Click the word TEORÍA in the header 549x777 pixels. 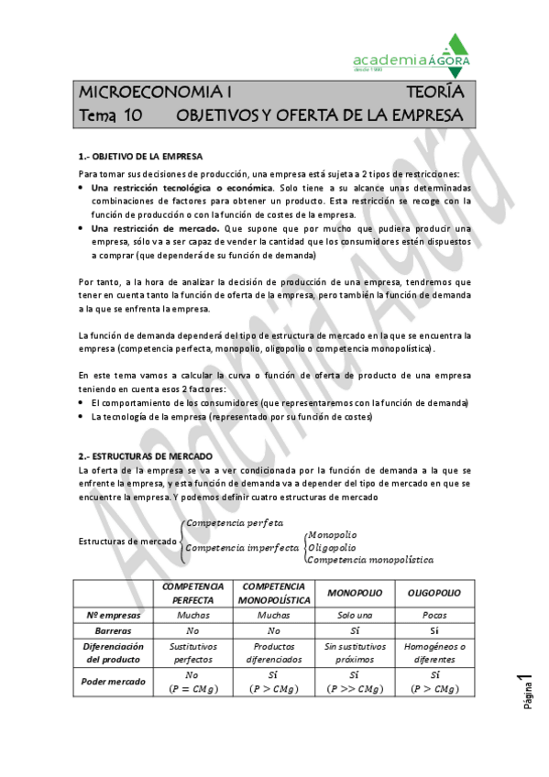(435, 93)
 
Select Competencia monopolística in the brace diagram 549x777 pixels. (370, 559)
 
